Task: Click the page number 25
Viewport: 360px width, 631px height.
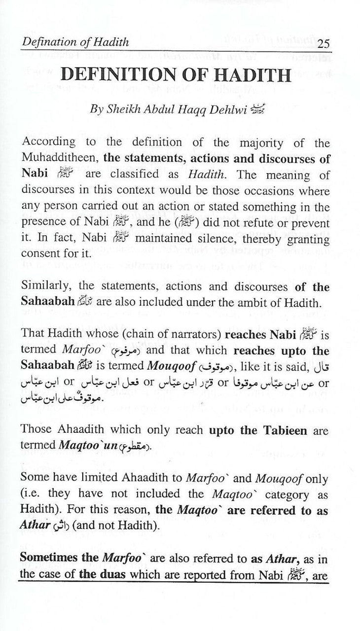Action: click(x=324, y=43)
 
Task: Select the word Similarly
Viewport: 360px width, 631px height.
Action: click(x=43, y=288)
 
